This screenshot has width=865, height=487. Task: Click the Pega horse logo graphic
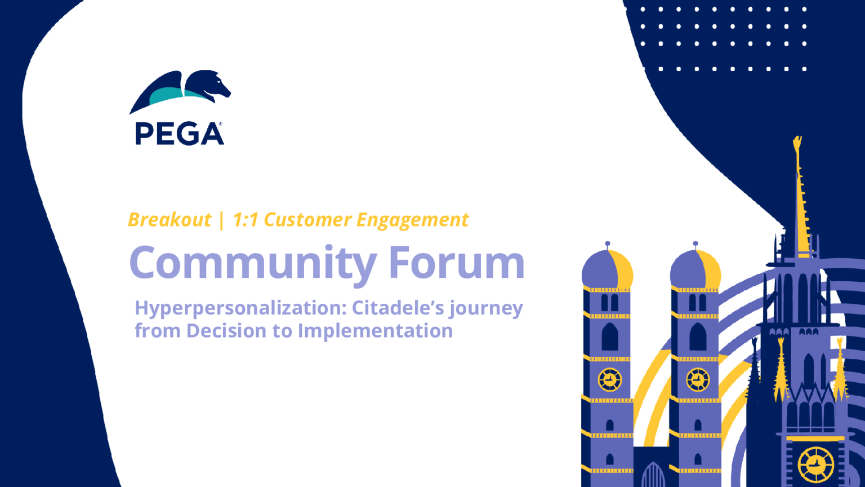[180, 92]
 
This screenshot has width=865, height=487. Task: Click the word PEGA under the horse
[180, 134]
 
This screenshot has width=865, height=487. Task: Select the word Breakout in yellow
[170, 220]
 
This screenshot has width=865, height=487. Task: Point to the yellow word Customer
[307, 220]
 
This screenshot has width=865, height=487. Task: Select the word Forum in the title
[457, 262]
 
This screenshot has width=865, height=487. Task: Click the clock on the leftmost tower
[610, 379]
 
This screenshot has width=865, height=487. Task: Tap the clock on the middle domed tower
[698, 379]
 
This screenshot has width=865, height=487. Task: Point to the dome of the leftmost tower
[607, 269]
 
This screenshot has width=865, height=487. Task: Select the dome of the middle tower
[695, 269]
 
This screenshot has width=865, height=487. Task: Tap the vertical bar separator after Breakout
[221, 220]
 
